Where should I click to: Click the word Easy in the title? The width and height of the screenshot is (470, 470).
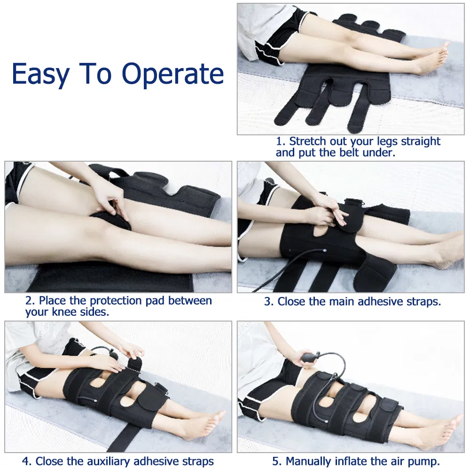(41, 74)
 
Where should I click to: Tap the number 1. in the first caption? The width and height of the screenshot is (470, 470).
(281, 141)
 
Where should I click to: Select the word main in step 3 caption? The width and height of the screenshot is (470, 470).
(340, 301)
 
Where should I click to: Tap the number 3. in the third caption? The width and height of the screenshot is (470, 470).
(269, 301)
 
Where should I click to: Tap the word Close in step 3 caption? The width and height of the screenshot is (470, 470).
(292, 301)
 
